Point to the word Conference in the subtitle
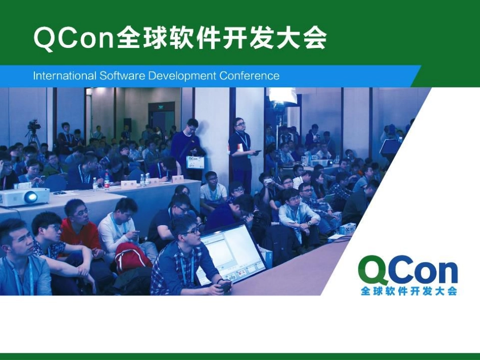click(249, 76)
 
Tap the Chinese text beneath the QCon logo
click(409, 291)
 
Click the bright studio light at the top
click(282, 95)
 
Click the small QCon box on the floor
click(348, 228)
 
